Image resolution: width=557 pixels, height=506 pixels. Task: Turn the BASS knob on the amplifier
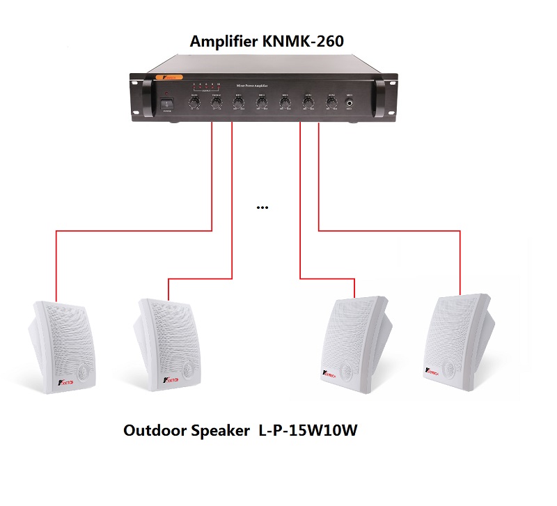pos(194,103)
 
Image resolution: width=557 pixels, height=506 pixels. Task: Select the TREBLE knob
pos(217,103)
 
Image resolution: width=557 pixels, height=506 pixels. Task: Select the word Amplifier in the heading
pos(225,42)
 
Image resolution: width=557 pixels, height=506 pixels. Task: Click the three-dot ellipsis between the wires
pos(262,208)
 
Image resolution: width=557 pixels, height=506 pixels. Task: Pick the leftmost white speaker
pos(63,345)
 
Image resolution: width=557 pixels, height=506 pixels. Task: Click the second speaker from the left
pos(165,344)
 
